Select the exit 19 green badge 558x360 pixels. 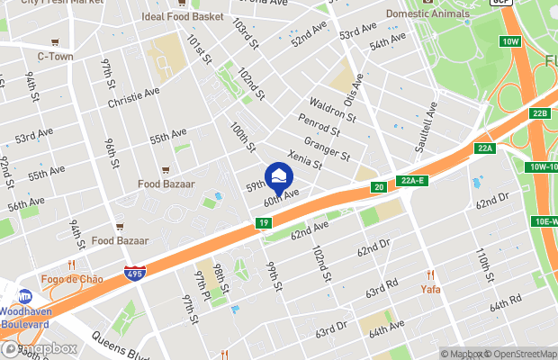[263, 222]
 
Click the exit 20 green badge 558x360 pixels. [380, 187]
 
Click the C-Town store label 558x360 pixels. [55, 56]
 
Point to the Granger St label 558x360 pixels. [328, 148]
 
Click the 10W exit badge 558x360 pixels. [511, 41]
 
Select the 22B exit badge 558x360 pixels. [539, 112]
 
